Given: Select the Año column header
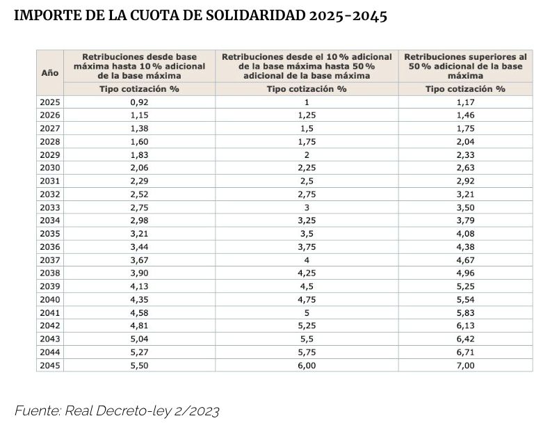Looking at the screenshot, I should coord(49,72).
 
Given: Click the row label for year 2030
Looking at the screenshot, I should coord(49,167).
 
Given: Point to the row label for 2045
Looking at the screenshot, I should coord(49,365).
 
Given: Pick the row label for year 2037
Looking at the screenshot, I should coord(49,260).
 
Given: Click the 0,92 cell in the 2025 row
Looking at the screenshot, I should coord(139,102).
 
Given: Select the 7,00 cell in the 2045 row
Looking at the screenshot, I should coord(465,365).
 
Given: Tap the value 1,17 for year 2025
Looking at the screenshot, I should coord(465,102).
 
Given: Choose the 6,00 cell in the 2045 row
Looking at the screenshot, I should coord(307,365).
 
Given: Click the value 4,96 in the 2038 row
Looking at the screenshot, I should coord(465,273).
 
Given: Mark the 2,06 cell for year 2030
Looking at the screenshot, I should coord(139,167).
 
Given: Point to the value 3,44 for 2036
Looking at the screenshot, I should coord(139,246).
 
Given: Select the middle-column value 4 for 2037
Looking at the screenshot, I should coord(307,260).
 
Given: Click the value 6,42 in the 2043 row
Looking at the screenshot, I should coord(465,339).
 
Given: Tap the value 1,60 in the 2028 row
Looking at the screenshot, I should coord(139,141).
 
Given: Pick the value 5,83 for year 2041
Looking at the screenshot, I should coord(465,312).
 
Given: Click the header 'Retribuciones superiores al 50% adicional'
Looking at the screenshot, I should coord(465,65).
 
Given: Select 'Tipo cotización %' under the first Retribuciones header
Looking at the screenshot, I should coord(139,89).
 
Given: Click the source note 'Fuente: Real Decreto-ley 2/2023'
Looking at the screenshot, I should coord(117,410).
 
